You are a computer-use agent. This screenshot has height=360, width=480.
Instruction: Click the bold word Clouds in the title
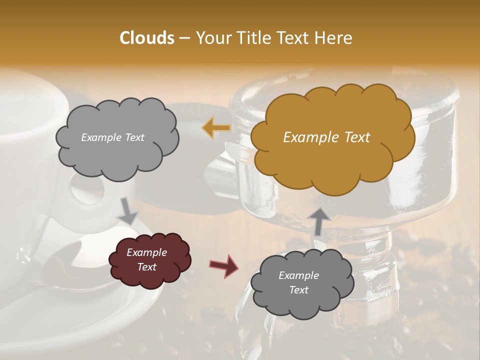click(x=147, y=38)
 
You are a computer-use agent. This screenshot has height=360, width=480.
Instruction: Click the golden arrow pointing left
click(x=216, y=128)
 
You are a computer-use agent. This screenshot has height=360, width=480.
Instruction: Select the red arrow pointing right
click(x=223, y=265)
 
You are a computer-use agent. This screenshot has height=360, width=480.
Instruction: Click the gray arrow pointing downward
click(x=128, y=211)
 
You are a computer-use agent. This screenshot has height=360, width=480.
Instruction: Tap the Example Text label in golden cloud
click(x=326, y=137)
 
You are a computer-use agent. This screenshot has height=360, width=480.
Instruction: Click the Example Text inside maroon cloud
click(x=147, y=259)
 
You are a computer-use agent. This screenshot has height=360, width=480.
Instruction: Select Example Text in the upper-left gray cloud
click(x=112, y=137)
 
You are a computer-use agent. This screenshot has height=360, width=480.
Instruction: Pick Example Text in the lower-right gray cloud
click(x=298, y=282)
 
